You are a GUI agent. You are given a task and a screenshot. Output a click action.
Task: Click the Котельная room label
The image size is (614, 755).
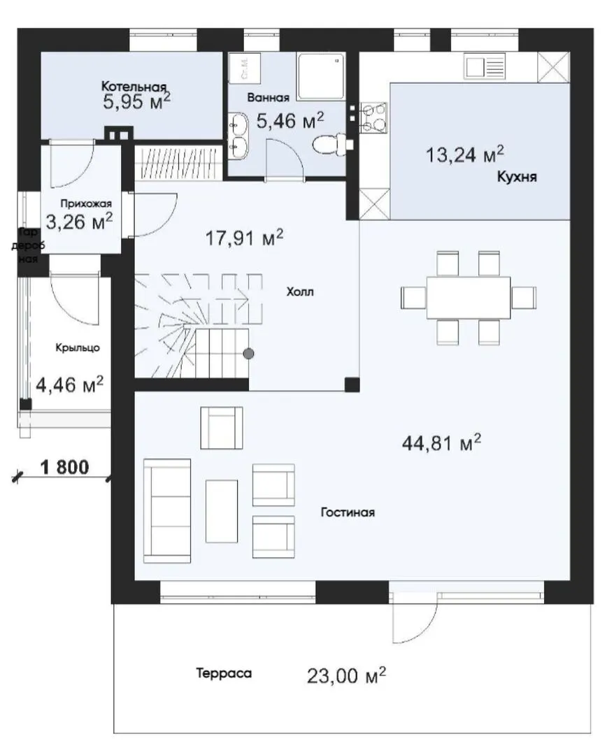(x=134, y=87)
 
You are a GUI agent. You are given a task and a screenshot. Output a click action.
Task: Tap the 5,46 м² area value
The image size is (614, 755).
(x=290, y=120)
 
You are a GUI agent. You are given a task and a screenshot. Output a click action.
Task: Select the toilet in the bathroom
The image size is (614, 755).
(x=333, y=144)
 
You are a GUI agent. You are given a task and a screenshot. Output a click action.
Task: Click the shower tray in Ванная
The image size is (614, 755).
(x=321, y=77)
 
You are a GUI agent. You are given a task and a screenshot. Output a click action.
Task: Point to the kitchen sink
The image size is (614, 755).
(x=485, y=66)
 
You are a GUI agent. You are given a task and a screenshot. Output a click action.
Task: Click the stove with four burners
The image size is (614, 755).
(x=373, y=117)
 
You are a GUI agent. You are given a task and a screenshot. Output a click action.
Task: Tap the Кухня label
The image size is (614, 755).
(x=517, y=177)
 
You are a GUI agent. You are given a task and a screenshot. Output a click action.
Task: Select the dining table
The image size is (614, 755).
(x=469, y=297)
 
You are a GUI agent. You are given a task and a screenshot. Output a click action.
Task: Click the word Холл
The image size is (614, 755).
(x=300, y=292)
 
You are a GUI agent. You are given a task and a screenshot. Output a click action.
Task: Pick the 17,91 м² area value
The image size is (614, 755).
(x=244, y=238)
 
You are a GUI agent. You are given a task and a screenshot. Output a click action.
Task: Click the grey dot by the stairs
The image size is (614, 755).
(x=248, y=354)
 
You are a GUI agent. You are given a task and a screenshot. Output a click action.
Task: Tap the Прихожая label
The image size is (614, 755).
(x=86, y=203)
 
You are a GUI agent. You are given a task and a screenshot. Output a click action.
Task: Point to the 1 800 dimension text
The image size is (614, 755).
(x=64, y=466)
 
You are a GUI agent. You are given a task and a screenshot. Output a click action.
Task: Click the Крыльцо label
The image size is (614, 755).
(x=78, y=347)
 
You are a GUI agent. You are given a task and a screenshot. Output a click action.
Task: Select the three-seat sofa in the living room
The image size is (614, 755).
(x=167, y=511)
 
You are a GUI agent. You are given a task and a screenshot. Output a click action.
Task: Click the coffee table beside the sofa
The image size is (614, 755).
(x=222, y=511)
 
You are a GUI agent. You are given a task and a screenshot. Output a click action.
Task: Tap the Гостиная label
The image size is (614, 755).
(x=348, y=512)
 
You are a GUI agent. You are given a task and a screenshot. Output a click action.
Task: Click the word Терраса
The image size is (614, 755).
(x=224, y=673)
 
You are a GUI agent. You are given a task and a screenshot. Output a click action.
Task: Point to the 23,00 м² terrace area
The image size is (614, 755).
(x=347, y=676)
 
